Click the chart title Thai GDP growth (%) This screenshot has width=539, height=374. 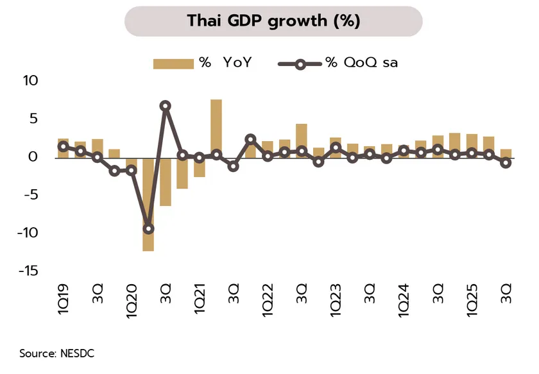click(273, 21)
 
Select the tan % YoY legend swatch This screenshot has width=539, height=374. click(173, 63)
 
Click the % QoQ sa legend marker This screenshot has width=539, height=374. click(300, 63)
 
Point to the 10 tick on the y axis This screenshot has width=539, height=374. click(31, 81)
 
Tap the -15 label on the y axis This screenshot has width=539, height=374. click(29, 271)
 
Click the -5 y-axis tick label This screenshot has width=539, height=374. click(31, 194)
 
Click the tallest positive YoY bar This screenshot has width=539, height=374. click(216, 128)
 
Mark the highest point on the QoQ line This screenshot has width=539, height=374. click(166, 106)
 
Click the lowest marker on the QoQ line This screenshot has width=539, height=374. click(148, 228)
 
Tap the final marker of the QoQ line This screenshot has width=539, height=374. click(506, 163)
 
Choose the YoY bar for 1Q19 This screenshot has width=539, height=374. click(63, 148)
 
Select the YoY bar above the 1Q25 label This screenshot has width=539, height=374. click(472, 145)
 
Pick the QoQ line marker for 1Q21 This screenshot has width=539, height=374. click(200, 157)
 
